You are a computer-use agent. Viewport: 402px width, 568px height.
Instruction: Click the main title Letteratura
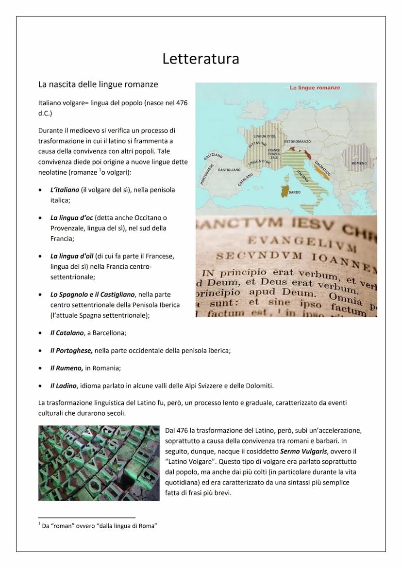[x=201, y=59]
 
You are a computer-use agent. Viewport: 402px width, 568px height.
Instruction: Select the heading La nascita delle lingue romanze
[x=98, y=84]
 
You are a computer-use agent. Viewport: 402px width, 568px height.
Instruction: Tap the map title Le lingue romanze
[x=315, y=88]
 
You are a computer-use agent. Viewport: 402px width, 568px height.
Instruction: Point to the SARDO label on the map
[x=295, y=193]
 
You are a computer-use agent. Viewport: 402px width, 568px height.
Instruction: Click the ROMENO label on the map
[x=359, y=163]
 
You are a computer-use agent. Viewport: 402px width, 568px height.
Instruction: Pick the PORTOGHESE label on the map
[x=206, y=174]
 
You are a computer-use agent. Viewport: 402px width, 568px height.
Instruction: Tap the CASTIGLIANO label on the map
[x=229, y=170]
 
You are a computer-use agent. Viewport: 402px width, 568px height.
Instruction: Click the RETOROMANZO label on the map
[x=297, y=141]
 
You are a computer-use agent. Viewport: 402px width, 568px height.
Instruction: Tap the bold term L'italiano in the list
[x=65, y=190]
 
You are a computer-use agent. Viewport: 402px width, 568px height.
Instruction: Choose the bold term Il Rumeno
[x=67, y=368]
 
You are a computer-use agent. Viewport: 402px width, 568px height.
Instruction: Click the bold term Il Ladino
[x=64, y=386]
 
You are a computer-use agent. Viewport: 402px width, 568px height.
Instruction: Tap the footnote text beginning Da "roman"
[x=100, y=526]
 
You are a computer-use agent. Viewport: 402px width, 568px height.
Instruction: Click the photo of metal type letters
[x=99, y=463]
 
